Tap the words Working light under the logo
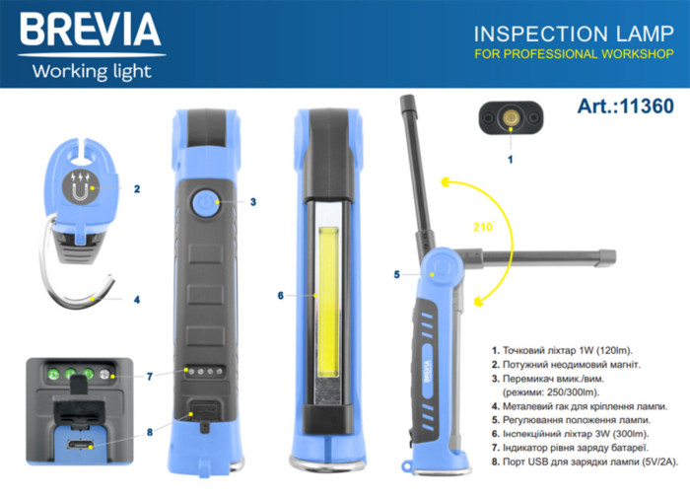[x=91, y=71]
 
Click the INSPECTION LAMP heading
[x=573, y=34]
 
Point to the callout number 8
[x=150, y=430]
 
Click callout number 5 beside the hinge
[x=396, y=274]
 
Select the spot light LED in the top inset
[x=510, y=118]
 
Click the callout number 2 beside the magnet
[x=136, y=187]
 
